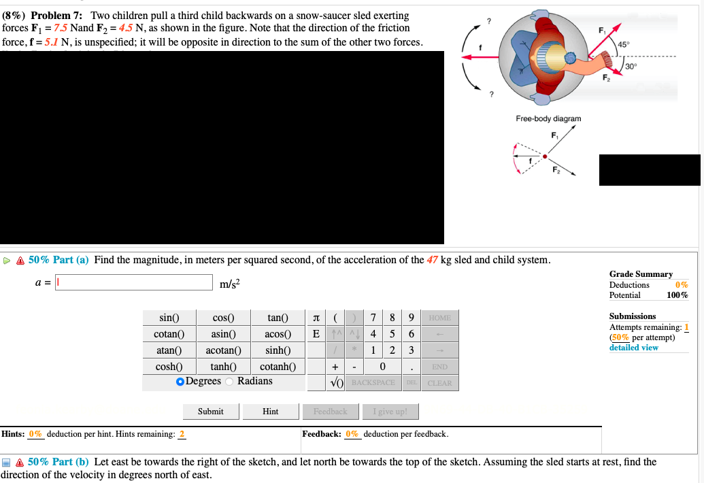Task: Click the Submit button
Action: pos(210,412)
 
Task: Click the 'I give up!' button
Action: pos(390,412)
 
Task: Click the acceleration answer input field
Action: pos(134,282)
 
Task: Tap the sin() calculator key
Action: pos(169,318)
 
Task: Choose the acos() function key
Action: pos(279,334)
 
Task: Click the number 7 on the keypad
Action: pos(373,318)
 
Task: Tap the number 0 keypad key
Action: pos(383,367)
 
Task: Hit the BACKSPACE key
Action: pos(373,383)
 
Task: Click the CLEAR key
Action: pos(439,383)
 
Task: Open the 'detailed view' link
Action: pos(633,348)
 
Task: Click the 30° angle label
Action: pos(631,66)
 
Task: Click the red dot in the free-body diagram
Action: pos(545,156)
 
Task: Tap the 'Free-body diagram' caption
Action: pos(548,118)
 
